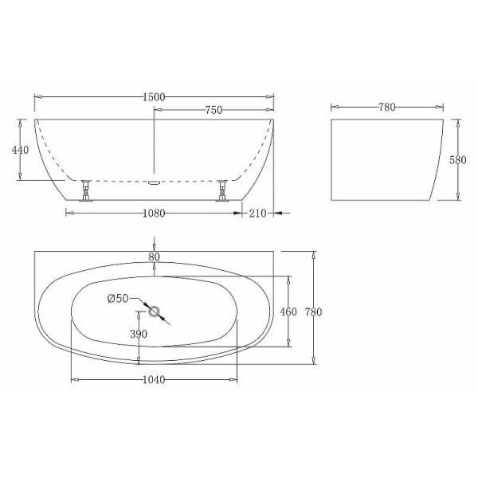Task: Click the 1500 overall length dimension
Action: tap(155, 96)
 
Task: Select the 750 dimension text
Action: tap(213, 110)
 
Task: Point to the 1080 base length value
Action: tap(153, 214)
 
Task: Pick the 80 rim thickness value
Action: tap(154, 257)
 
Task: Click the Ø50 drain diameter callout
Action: tap(118, 299)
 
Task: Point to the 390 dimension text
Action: tap(139, 334)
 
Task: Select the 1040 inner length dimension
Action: tap(154, 380)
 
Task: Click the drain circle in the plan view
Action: tap(155, 311)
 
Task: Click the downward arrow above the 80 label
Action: tap(154, 245)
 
